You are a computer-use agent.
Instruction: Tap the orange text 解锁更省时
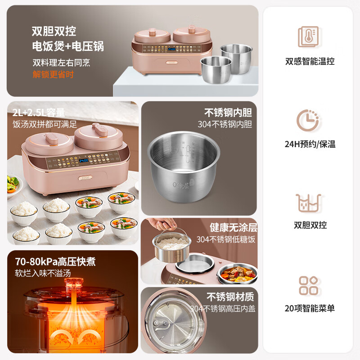pyautogui.click(x=53, y=75)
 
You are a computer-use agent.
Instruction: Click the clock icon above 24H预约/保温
pyautogui.click(x=309, y=119)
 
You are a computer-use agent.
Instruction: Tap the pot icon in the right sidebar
pyautogui.click(x=309, y=202)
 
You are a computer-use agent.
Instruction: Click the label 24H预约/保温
pyautogui.click(x=310, y=144)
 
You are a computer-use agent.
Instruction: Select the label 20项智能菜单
pyautogui.click(x=310, y=308)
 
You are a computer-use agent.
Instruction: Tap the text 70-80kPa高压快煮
pyautogui.click(x=55, y=262)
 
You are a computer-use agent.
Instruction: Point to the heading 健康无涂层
pyautogui.click(x=233, y=228)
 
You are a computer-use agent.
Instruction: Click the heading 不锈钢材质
pyautogui.click(x=230, y=297)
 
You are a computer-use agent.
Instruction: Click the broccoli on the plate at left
pyautogui.click(x=13, y=182)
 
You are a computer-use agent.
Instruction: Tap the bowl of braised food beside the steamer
pyautogui.click(x=238, y=272)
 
